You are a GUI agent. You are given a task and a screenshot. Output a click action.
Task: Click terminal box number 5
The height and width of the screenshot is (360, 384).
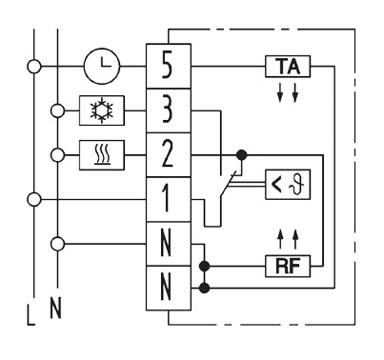tap(169, 66)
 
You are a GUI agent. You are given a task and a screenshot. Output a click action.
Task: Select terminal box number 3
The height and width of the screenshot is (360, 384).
tap(169, 110)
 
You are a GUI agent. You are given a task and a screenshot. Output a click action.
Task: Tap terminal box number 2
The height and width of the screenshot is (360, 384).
tap(169, 155)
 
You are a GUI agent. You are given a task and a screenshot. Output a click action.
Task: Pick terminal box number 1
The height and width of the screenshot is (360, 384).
tap(169, 199)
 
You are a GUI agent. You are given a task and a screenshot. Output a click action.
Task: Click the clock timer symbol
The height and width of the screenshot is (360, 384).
tap(102, 66)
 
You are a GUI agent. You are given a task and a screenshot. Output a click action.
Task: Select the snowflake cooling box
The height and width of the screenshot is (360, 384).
tap(102, 110)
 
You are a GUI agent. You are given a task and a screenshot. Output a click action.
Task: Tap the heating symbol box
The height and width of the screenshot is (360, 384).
tap(102, 155)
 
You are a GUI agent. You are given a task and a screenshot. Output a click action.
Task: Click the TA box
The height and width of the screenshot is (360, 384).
tap(288, 67)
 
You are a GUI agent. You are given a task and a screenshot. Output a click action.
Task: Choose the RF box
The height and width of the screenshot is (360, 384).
tap(288, 266)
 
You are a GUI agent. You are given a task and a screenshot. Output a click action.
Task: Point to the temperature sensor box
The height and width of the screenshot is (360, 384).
tap(288, 185)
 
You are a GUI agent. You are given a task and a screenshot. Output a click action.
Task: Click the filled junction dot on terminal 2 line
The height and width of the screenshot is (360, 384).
tap(242, 155)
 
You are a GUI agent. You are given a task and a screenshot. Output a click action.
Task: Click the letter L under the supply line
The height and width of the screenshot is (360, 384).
tap(30, 315)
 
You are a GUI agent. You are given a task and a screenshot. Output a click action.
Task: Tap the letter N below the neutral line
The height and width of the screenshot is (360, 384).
tap(55, 308)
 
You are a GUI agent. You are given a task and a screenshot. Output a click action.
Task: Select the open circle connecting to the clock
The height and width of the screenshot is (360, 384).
tap(34, 67)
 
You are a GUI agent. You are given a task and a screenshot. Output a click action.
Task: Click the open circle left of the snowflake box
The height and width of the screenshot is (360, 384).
tap(57, 110)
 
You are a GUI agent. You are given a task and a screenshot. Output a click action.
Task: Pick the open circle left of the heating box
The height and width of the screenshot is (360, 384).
tap(57, 155)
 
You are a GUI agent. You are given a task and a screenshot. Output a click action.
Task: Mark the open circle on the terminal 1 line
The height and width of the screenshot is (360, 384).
tap(34, 199)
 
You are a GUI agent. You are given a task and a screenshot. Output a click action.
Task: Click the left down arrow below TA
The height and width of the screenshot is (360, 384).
tap(280, 92)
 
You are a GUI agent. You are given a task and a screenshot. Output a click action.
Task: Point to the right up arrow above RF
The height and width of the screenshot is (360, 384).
tap(295, 239)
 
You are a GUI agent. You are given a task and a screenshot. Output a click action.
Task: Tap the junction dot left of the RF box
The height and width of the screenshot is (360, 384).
tap(205, 266)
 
